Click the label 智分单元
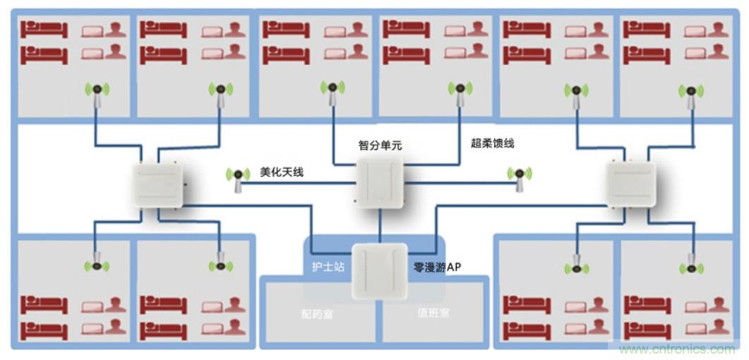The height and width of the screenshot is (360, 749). (379, 145)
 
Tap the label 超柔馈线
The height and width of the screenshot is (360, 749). (492, 143)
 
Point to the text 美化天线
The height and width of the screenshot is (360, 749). (281, 172)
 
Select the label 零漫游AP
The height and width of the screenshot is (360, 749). (437, 268)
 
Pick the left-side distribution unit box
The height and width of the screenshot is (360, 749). (158, 182)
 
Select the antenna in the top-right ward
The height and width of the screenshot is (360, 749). (690, 94)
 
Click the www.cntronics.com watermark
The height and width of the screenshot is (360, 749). (677, 349)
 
